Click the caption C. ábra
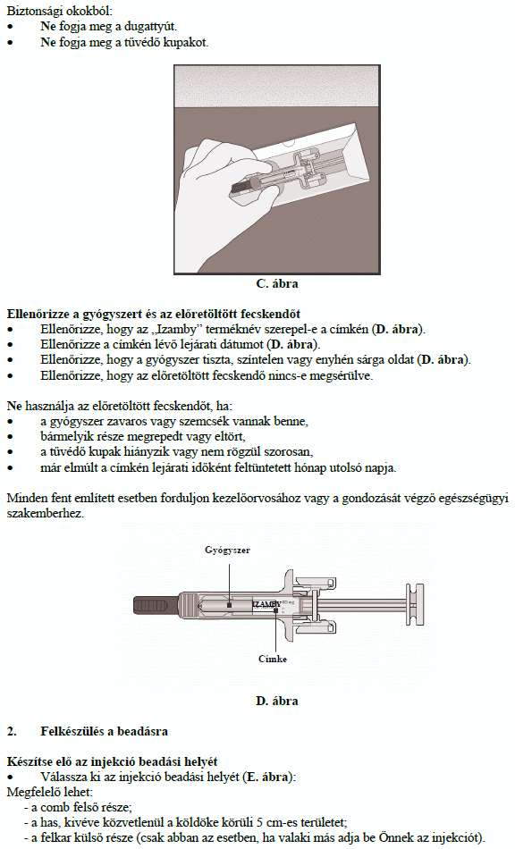click(x=277, y=283)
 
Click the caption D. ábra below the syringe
click(x=277, y=702)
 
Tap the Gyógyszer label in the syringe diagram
click(x=227, y=551)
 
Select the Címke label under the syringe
click(x=273, y=659)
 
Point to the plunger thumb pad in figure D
click(x=416, y=604)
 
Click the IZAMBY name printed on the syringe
click(x=267, y=604)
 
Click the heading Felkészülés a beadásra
click(x=104, y=732)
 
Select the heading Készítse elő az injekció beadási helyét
click(x=112, y=761)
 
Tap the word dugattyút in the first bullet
click(x=150, y=27)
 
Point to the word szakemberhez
click(x=46, y=513)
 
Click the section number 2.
click(x=12, y=732)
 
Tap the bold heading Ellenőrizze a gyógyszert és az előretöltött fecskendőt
click(x=153, y=314)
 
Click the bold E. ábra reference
click(x=267, y=777)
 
